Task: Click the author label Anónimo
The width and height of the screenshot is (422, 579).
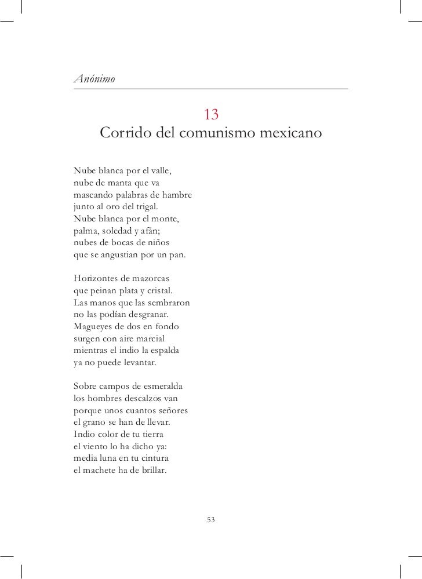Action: pyautogui.click(x=94, y=78)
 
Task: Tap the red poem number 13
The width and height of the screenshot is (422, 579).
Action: pyautogui.click(x=210, y=114)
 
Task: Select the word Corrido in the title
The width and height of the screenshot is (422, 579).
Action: pyautogui.click(x=127, y=134)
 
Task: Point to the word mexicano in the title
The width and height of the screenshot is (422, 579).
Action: pyautogui.click(x=288, y=134)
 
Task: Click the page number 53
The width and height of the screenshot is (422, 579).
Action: pyautogui.click(x=210, y=520)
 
